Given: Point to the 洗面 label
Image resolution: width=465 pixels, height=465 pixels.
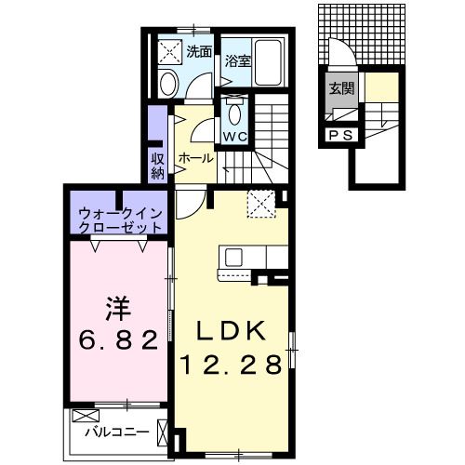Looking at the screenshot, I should tap(200, 52).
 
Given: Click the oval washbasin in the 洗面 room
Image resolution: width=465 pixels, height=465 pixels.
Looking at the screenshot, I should tap(168, 84).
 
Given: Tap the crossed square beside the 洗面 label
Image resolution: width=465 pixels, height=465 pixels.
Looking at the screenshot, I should tap(170, 52).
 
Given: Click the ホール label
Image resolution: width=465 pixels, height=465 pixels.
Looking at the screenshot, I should tap(194, 158).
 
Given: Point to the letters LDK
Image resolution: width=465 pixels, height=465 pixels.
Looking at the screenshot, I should tap(232, 330).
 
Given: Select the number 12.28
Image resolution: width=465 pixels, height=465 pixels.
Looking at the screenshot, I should tap(232, 365).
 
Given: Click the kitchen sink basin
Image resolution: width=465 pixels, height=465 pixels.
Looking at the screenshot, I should tap(232, 256).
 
